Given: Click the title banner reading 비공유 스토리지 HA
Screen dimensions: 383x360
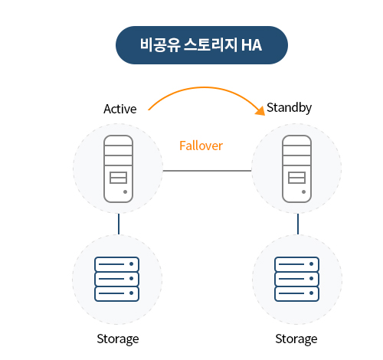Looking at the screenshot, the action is (201, 45).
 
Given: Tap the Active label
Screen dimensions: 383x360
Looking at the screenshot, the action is (120, 109).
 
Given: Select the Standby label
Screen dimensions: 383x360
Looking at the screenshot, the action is (289, 108).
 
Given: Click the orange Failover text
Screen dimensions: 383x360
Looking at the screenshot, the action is (201, 146).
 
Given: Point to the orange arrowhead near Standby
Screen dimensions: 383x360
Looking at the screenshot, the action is (261, 111).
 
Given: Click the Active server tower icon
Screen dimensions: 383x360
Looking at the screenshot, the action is (118, 169).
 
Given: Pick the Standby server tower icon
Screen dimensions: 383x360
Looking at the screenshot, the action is (296, 169).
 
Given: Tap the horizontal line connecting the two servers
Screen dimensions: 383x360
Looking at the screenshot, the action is (207, 171).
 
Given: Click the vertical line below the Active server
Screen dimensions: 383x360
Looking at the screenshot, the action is (119, 224).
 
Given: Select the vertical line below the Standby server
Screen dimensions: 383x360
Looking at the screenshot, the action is (298, 224).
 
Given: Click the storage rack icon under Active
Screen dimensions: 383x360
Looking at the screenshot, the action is (116, 279).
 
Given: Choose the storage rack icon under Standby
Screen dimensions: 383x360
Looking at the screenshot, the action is (296, 279).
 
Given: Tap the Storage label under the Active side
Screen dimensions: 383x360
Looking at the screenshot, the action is (118, 339).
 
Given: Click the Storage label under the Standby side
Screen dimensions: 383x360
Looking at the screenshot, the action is (296, 339).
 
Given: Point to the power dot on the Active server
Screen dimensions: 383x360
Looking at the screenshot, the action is (125, 191).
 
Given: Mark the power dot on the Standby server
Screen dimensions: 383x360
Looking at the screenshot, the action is (303, 191).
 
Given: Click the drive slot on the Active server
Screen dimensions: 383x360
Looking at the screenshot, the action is (118, 178).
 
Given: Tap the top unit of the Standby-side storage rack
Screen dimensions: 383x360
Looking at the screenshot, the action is (296, 264).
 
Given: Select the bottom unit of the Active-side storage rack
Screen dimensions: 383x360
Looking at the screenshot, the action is (116, 294).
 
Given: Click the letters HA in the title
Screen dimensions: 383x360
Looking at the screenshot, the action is (251, 45).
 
